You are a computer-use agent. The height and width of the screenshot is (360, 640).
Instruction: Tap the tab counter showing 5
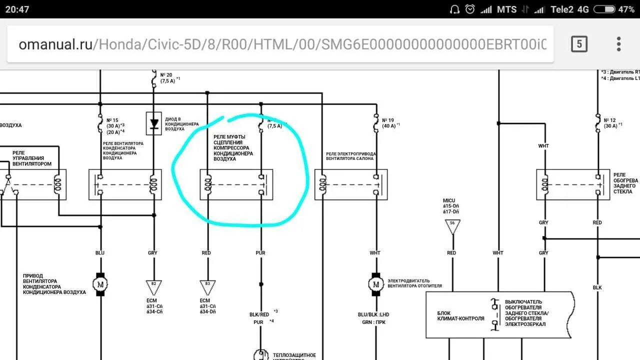pyautogui.click(x=579, y=44)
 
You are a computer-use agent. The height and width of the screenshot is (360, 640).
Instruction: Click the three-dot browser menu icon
pyautogui.click(x=618, y=44)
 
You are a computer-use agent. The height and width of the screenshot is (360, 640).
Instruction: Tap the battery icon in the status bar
pyautogui.click(x=604, y=9)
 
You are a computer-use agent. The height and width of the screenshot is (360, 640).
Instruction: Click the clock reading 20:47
pyautogui.click(x=17, y=9)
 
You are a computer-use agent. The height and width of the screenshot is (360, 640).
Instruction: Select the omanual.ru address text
pyautogui.click(x=55, y=44)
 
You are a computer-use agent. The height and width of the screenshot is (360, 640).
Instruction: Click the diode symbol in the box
pyautogui.click(x=154, y=123)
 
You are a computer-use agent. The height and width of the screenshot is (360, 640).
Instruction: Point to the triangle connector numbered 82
pyautogui.click(x=153, y=286)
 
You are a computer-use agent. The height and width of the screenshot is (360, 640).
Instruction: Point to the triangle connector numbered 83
pyautogui.click(x=207, y=286)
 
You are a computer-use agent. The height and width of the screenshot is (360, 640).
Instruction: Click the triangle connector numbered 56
pyautogui.click(x=452, y=226)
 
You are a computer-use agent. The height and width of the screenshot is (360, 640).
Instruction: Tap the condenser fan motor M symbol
pyautogui.click(x=100, y=284)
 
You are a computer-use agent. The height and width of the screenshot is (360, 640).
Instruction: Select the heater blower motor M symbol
pyautogui.click(x=375, y=284)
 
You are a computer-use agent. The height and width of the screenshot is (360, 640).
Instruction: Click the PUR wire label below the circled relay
pyautogui.click(x=260, y=253)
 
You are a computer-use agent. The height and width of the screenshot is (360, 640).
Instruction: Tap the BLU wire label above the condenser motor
pyautogui.click(x=100, y=253)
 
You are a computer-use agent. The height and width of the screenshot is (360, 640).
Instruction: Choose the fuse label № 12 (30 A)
pyautogui.click(x=610, y=123)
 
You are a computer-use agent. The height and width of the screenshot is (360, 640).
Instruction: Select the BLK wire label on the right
pyautogui.click(x=597, y=287)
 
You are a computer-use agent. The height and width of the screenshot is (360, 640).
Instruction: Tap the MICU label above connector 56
pyautogui.click(x=449, y=200)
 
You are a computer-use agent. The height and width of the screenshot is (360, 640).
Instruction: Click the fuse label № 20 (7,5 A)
pyautogui.click(x=167, y=77)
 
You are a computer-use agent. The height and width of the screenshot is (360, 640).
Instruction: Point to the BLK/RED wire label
pyautogui.click(x=259, y=314)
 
